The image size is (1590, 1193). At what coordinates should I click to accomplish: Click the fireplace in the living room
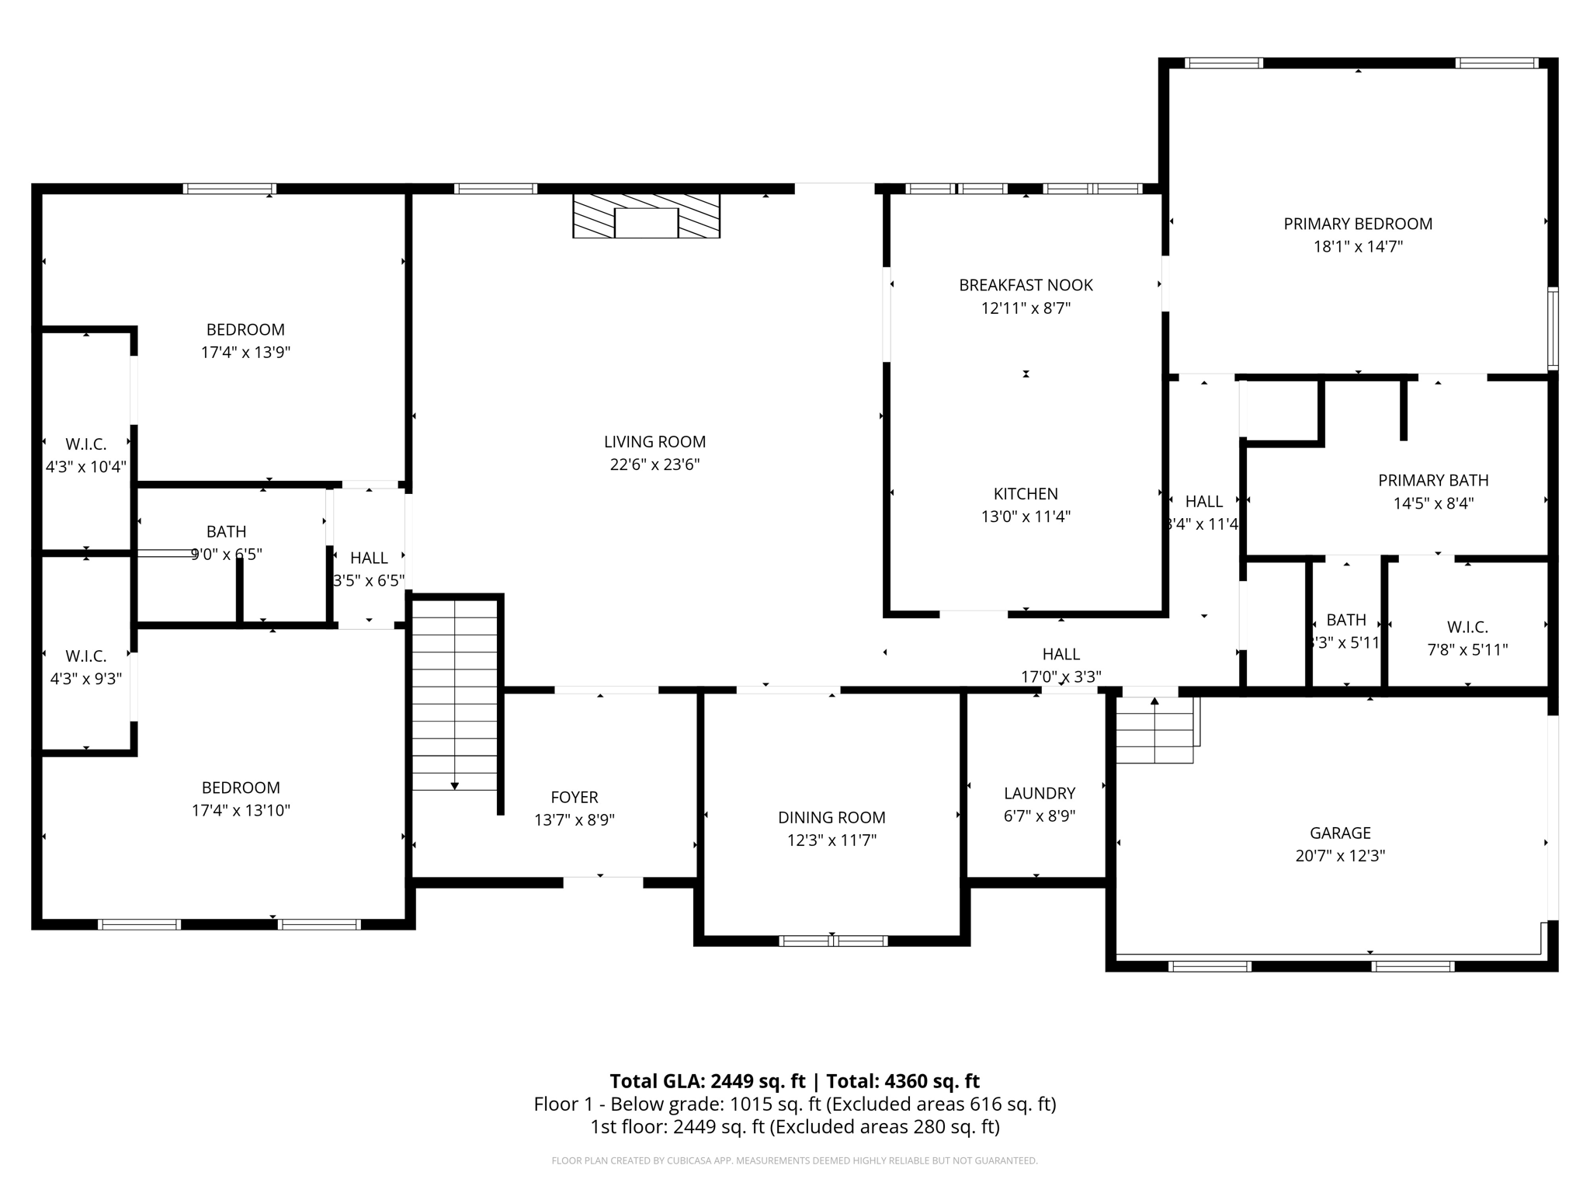(646, 216)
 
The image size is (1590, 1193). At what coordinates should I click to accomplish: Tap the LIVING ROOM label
(654, 442)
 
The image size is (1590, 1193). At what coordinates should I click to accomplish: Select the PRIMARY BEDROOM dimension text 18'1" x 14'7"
(1358, 247)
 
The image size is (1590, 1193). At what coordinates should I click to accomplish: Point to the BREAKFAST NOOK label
(1026, 285)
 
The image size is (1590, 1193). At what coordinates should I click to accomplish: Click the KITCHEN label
(1026, 494)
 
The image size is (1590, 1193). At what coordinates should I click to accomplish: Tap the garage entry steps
(1155, 730)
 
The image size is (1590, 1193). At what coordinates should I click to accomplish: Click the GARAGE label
(1340, 833)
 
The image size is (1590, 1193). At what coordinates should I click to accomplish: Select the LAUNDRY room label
(1039, 793)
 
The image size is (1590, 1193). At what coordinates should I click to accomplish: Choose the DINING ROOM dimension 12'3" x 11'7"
(831, 840)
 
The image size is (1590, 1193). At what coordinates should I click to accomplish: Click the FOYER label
(574, 797)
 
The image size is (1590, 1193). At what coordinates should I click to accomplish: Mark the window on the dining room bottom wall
(833, 941)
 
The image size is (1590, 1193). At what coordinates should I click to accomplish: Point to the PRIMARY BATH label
(1433, 480)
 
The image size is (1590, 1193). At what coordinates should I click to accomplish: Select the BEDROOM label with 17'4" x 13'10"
(241, 788)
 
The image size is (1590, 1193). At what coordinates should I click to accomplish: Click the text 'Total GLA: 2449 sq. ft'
(707, 1081)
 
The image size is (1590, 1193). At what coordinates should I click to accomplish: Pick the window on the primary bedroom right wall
(1553, 328)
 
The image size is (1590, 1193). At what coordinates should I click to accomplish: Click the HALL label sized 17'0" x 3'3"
(1061, 654)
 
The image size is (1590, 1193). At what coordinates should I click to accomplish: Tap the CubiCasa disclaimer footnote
(794, 1161)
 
